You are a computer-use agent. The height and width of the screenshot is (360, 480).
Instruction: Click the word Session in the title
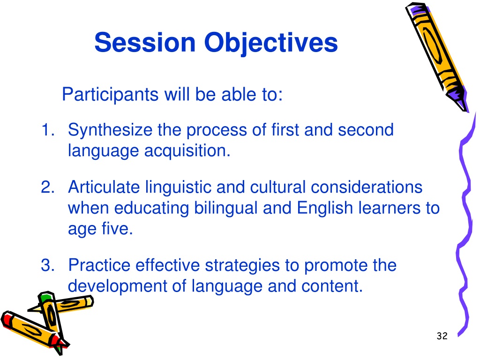[145, 42]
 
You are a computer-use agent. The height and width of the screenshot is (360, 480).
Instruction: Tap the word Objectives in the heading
[271, 44]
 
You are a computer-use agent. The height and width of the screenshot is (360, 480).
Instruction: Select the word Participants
[110, 94]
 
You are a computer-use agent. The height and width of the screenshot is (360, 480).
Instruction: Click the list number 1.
[47, 129]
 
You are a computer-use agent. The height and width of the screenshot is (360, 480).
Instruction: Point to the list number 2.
[47, 187]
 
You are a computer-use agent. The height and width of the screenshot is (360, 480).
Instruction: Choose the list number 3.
[47, 265]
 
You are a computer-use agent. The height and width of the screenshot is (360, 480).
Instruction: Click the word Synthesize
[110, 130]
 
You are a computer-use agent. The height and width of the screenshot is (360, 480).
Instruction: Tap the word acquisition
[187, 150]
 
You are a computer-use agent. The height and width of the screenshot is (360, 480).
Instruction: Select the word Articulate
[104, 187]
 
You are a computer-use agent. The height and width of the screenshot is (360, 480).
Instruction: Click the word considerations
[367, 187]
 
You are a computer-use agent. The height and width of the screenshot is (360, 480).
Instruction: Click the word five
[117, 229]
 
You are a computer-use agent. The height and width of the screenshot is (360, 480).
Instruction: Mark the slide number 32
[442, 336]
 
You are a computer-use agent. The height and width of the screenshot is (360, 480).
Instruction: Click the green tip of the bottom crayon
[45, 297]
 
